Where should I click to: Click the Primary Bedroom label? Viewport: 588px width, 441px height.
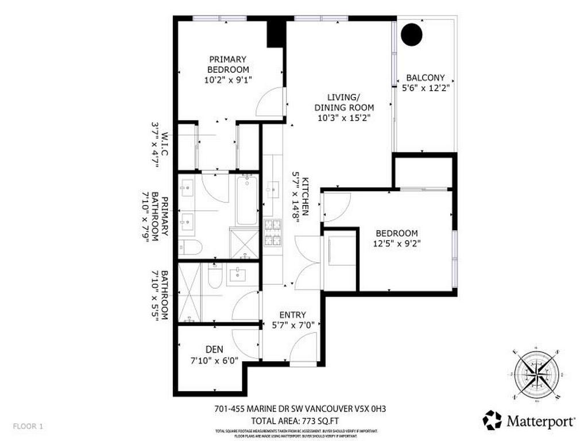tap(228, 64)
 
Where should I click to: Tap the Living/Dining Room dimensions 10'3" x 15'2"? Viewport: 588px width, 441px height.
tap(343, 119)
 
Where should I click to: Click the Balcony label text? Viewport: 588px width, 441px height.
tap(425, 78)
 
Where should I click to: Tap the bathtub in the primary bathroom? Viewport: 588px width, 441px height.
tap(247, 200)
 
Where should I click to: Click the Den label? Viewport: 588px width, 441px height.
tap(214, 349)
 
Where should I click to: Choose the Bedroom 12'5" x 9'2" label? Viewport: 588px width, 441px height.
tap(396, 238)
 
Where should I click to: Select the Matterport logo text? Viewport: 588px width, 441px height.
tap(540, 421)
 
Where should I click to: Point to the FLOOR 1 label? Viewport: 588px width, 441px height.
tap(28, 427)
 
